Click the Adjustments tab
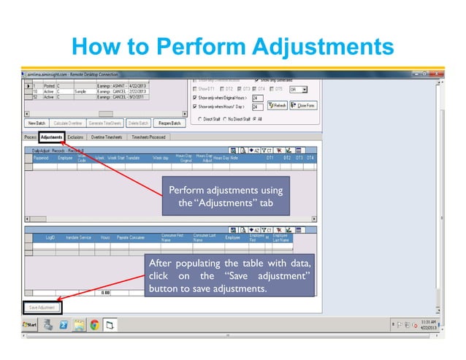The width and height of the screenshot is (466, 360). coord(51,137)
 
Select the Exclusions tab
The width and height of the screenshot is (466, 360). coord(75,137)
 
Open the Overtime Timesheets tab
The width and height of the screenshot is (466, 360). coord(107,137)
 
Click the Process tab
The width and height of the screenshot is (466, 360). coord(30,137)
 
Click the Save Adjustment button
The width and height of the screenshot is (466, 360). coord(41,307)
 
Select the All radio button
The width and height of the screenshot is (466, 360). coord(253,118)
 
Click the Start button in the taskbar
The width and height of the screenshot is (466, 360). coord(31,324)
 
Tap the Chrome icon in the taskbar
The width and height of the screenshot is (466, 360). coord(95,324)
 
